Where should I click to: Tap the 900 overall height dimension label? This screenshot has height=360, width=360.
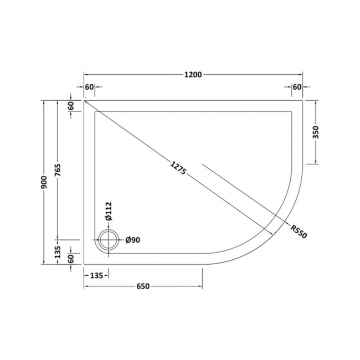pos(44,183)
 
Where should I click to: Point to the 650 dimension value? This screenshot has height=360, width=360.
pos(143,286)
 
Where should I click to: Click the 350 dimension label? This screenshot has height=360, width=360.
pos(316,132)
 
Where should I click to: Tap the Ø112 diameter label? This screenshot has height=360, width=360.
pos(109,211)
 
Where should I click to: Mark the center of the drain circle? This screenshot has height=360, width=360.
pos(107,240)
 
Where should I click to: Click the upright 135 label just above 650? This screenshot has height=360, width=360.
pos(96,274)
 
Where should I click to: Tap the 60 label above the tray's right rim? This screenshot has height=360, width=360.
pos(296,88)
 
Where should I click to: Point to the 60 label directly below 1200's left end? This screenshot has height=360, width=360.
pos(90,88)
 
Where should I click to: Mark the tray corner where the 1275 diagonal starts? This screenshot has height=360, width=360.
pos(85,100)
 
